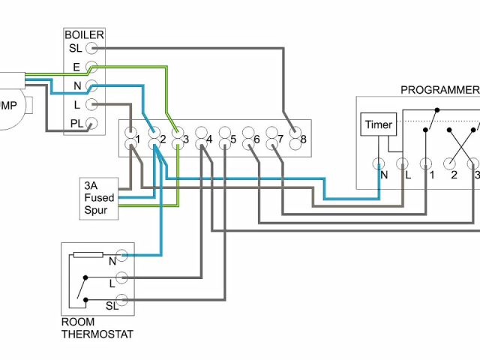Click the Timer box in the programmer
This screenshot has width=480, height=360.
pyautogui.click(x=377, y=125)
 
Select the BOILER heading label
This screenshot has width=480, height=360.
pyautogui.click(x=84, y=34)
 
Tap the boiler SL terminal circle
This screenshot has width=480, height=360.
pyautogui.click(x=92, y=47)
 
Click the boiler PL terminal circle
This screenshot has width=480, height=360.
pyautogui.click(x=92, y=124)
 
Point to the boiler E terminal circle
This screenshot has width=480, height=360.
pyautogui.click(x=92, y=67)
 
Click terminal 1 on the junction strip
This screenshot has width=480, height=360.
pyautogui.click(x=130, y=139)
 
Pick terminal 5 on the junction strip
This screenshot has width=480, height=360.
pyautogui.click(x=225, y=139)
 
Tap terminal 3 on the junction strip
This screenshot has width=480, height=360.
pyautogui.click(x=178, y=139)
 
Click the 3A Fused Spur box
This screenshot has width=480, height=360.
pyautogui.click(x=99, y=197)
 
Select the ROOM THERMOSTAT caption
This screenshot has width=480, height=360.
pyautogui.click(x=97, y=328)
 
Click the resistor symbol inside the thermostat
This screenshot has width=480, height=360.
pyautogui.click(x=88, y=256)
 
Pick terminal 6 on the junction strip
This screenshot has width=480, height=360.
pyautogui.click(x=249, y=139)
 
